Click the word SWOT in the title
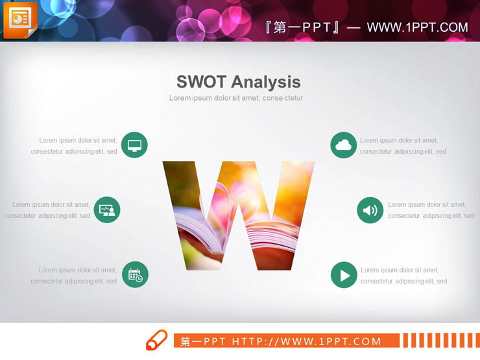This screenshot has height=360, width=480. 201,82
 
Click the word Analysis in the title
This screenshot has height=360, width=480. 266,82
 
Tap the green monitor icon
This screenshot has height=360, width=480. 134,145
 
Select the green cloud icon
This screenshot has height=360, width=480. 344,145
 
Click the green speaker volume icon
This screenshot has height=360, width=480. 370,210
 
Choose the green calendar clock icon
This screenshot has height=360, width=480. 135,274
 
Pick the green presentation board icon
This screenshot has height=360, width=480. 107,210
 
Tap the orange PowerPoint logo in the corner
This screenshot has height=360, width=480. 19,19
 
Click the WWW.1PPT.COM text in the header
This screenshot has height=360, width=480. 417,27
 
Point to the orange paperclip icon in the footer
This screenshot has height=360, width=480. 156,339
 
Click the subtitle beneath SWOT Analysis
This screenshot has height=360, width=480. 236,98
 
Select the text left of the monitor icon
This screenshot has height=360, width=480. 75,146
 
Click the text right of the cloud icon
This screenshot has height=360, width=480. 403,146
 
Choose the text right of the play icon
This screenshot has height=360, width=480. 403,276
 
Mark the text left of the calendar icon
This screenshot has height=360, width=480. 74,276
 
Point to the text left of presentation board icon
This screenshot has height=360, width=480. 47,210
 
